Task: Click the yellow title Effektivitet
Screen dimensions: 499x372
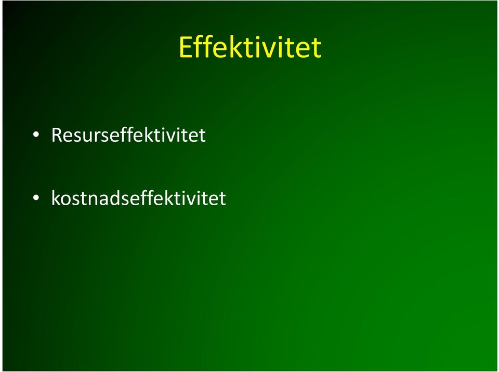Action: tap(250, 47)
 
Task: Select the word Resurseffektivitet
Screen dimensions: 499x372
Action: tap(128, 135)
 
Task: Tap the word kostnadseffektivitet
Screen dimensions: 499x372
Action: tap(138, 198)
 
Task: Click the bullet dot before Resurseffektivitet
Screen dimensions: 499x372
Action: tap(36, 135)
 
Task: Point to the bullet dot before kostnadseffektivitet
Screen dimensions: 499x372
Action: tap(36, 198)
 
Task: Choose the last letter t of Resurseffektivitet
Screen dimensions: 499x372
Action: tap(202, 136)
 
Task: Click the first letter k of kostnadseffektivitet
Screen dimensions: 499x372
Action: tap(56, 198)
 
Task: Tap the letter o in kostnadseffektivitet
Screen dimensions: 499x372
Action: tap(67, 201)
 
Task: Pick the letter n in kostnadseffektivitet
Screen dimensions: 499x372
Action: tap(94, 201)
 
